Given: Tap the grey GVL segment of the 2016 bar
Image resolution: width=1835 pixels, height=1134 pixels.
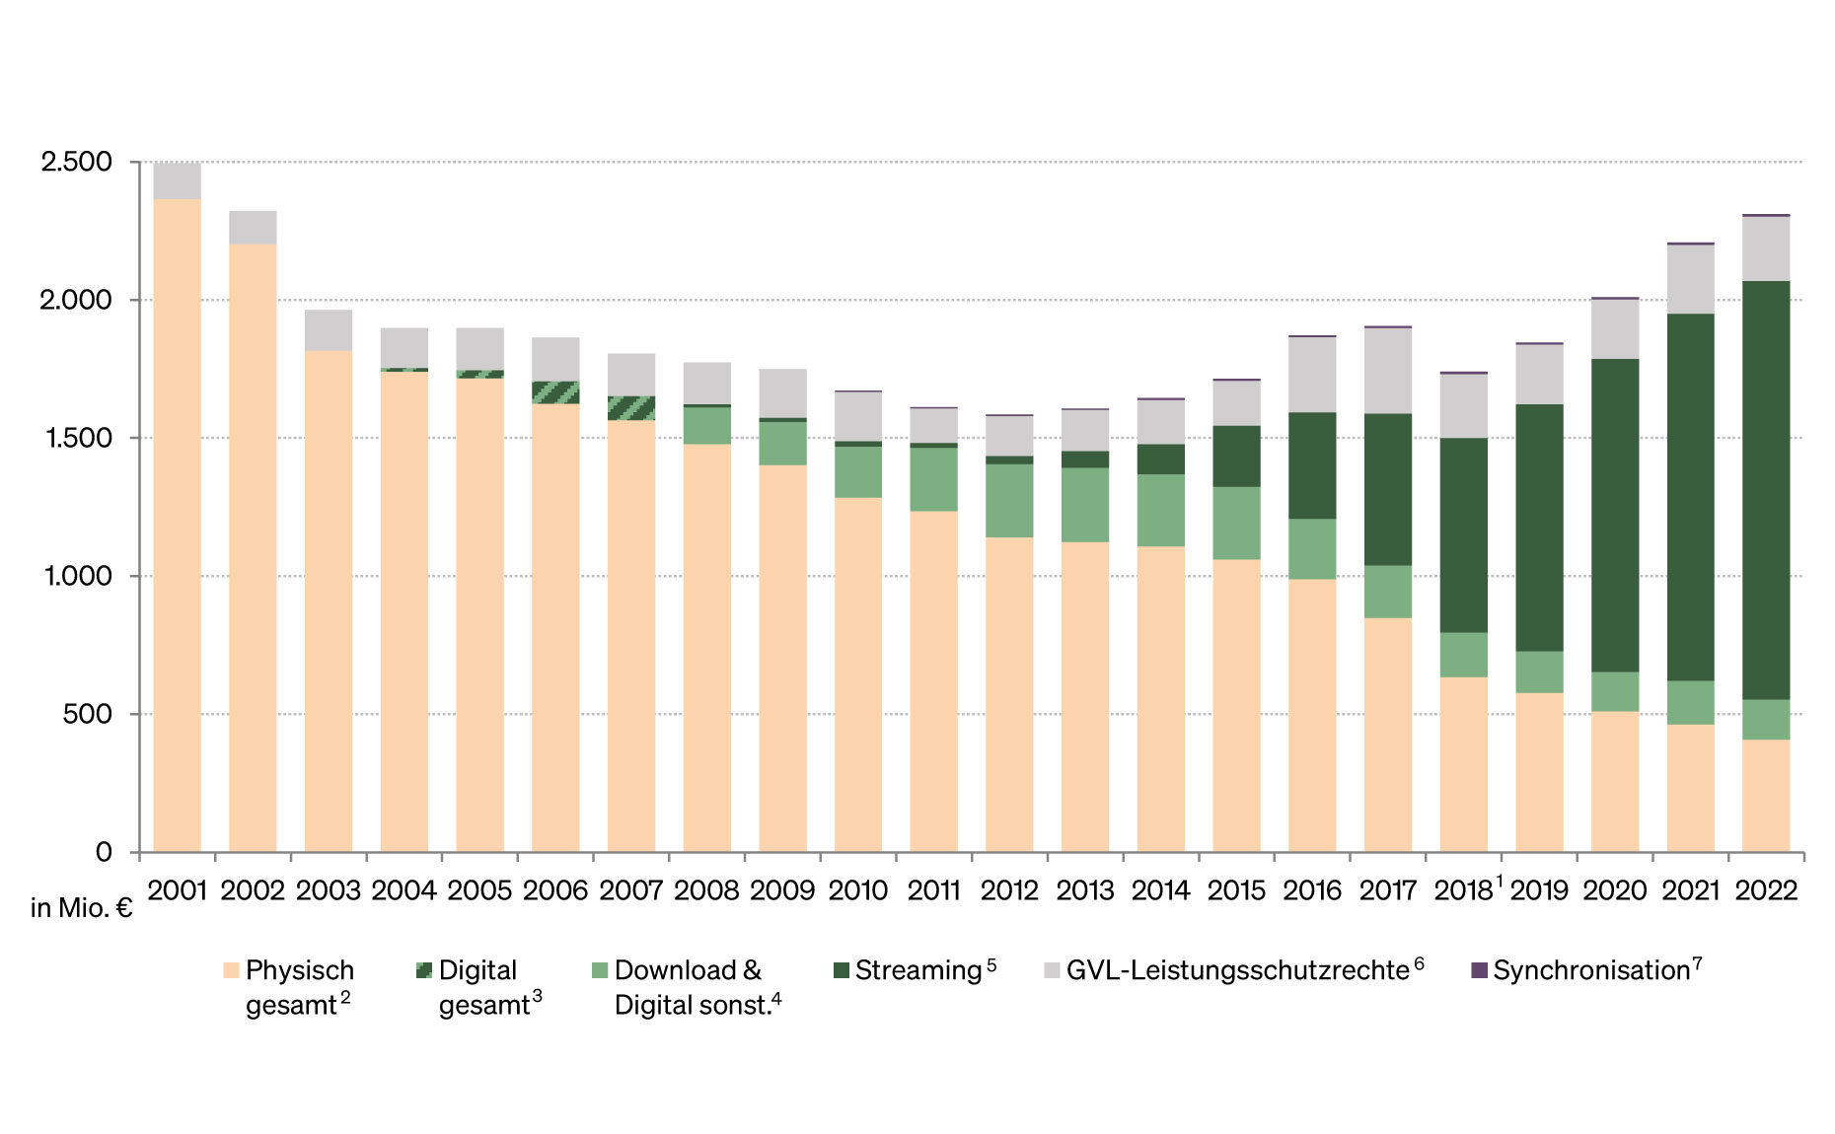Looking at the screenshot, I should pos(1312,375).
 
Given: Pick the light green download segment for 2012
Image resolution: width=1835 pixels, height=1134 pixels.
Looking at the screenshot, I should pos(1009,500).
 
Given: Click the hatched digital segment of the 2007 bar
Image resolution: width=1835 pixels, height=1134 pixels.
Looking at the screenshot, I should pos(631,408).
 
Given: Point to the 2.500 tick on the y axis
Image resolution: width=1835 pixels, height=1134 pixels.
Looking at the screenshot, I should pos(77,162).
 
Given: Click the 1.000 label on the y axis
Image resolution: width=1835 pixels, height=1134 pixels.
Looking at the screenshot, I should pos(77,576).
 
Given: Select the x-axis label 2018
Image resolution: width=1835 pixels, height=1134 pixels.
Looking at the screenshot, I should pos(1463,890).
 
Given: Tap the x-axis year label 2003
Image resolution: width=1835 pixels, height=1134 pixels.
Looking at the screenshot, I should pos(329,890).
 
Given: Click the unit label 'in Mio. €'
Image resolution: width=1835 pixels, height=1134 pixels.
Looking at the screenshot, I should pos(81,908).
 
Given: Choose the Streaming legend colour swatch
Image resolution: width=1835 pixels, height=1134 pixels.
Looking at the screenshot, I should pos(842,971).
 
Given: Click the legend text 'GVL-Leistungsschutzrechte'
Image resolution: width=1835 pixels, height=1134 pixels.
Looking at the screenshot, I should pos(1237,970).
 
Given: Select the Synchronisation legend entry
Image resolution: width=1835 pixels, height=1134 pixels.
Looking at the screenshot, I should pos(1590,970).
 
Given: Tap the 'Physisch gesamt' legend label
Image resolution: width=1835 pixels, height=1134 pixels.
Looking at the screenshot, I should pos(299,987).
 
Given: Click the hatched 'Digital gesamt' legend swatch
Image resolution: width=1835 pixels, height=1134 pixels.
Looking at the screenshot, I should pos(424,970).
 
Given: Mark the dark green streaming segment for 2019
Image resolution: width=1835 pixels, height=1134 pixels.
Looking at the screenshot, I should pos(1539,528).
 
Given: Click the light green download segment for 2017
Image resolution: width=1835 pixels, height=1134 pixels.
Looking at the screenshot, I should pos(1388,592).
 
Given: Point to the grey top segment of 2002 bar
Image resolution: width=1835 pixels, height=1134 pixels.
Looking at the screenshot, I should pos(253,228).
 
